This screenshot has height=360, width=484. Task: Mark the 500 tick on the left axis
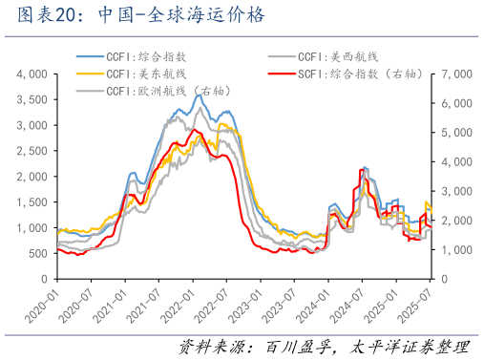tap(39, 253)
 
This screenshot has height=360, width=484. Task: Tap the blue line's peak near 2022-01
tap(199, 95)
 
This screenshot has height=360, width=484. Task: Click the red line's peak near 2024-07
tap(362, 169)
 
